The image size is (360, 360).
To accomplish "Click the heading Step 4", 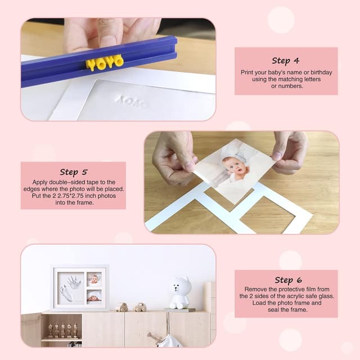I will [285, 61].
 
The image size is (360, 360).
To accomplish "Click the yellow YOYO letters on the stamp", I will [105, 62].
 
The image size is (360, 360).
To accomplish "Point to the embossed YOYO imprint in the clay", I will [132, 102].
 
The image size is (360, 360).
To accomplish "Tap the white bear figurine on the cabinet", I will [180, 291].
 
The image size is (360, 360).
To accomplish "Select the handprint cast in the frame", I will [75, 281].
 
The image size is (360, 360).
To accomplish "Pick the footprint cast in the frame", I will [67, 293].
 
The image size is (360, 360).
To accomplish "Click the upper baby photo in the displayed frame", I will [94, 279].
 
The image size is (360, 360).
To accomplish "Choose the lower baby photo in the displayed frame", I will [94, 295].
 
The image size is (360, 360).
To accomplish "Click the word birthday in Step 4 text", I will [320, 72].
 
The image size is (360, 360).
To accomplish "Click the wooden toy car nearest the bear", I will [140, 307].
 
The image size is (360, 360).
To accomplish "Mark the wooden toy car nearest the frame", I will [122, 307].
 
